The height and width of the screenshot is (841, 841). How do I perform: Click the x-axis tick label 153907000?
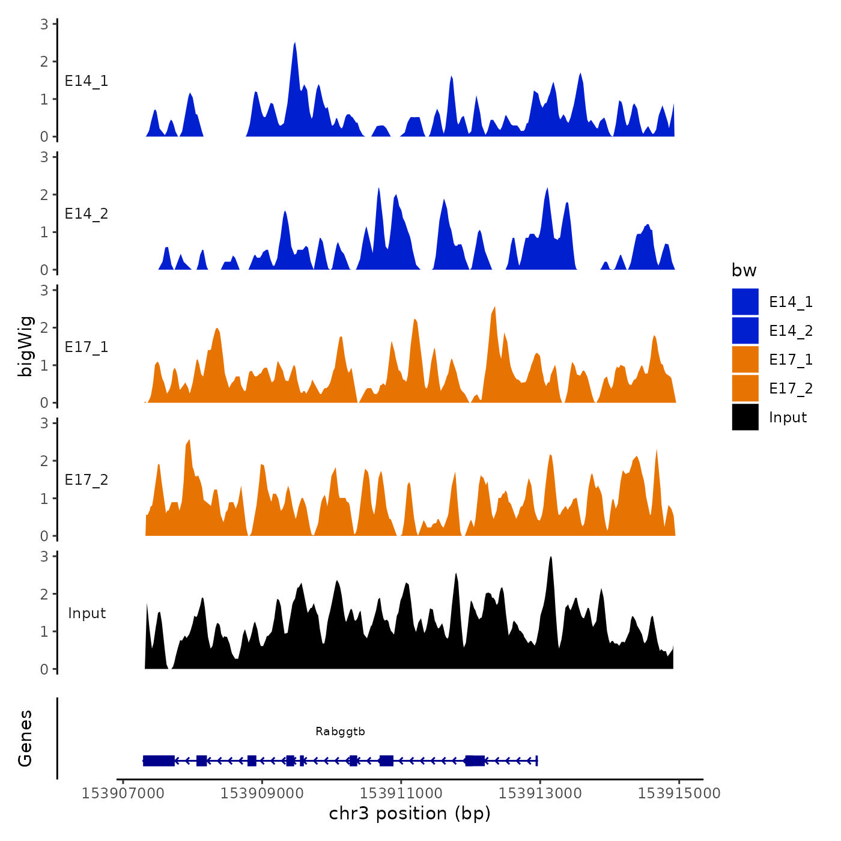[123, 794]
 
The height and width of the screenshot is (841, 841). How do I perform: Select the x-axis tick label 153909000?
[262, 794]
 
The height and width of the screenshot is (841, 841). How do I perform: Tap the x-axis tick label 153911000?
[401, 794]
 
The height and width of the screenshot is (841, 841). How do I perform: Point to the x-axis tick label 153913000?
[540, 794]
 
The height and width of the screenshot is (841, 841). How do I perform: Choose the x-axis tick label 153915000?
[679, 794]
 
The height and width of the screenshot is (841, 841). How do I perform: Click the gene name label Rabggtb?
[340, 732]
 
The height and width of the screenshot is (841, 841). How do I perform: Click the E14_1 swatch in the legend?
[745, 302]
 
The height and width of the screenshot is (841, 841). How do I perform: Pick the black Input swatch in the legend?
[745, 417]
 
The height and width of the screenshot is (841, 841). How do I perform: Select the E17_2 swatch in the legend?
[745, 388]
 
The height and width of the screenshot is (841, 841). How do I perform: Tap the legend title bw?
[744, 271]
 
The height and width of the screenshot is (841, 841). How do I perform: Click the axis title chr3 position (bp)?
[410, 814]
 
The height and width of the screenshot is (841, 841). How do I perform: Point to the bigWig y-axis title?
[26, 346]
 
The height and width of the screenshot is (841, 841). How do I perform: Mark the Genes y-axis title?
[26, 738]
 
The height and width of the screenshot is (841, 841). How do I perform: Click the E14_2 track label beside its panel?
[87, 214]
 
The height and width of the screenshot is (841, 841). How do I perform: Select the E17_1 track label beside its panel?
[87, 347]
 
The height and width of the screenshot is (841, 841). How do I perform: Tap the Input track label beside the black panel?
[87, 613]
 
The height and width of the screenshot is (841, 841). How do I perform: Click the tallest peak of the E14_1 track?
[294, 44]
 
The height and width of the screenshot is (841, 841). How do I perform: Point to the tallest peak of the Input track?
[550, 558]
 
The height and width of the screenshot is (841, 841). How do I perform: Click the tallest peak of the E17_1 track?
[494, 308]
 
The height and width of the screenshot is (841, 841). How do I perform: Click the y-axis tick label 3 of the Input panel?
[44, 556]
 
